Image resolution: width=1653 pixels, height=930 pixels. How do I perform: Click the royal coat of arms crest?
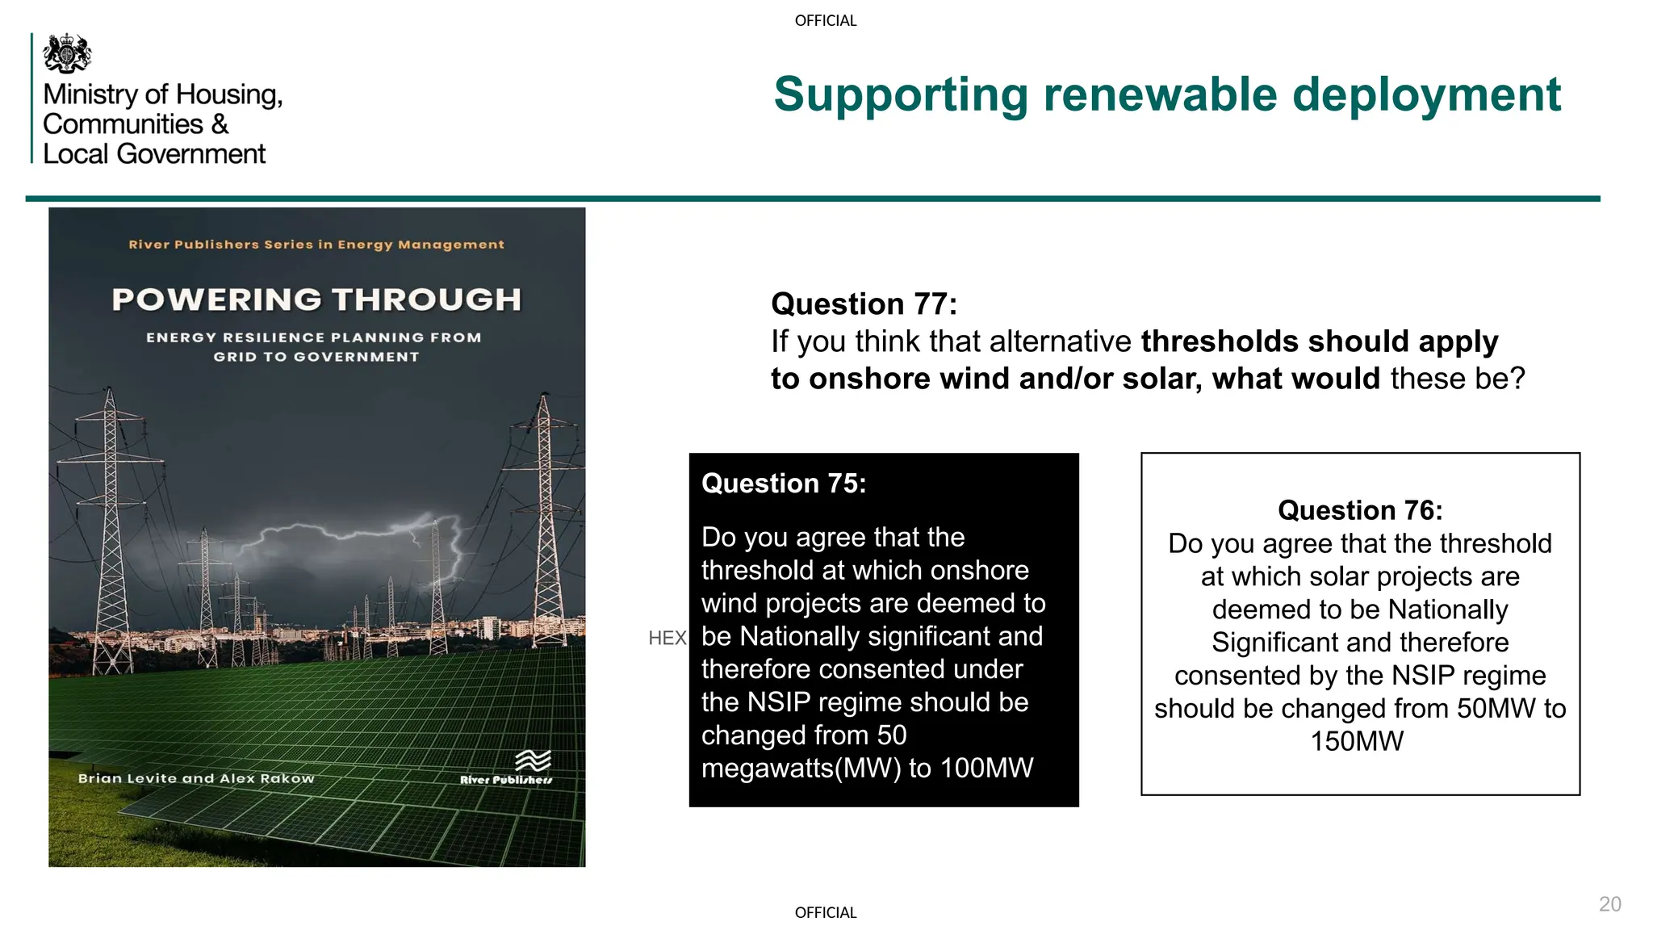[67, 53]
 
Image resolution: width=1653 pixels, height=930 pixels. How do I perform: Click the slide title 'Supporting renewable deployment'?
[1166, 94]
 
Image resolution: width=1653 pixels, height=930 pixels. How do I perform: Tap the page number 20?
[1609, 904]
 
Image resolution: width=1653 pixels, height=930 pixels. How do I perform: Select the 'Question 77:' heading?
[864, 304]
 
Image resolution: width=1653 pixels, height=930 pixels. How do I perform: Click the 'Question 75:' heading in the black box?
[783, 484]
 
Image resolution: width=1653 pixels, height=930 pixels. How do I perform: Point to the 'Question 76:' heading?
[1360, 510]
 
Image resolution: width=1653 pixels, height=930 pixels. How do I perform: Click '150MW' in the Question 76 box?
[1357, 741]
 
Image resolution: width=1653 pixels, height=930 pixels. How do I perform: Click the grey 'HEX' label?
[667, 639]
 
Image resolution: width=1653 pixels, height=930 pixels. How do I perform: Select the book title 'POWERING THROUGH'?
[316, 300]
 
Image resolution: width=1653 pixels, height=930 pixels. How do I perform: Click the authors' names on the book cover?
[196, 778]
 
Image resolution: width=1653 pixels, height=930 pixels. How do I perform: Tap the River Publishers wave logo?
[533, 760]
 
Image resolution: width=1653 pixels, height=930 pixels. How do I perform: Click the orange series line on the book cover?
[316, 245]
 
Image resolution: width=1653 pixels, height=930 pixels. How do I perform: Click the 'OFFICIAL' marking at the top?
[825, 21]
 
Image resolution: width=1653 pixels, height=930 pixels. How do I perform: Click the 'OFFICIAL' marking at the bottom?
[825, 913]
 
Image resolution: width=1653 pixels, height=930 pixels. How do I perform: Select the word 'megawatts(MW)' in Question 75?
[801, 768]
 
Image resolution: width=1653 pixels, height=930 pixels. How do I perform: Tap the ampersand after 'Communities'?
[220, 124]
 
